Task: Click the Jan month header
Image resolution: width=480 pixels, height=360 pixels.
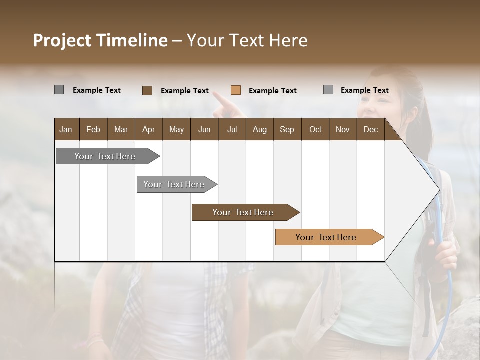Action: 66,130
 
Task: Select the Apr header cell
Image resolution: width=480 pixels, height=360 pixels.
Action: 149,130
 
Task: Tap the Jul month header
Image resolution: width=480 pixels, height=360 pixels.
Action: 232,130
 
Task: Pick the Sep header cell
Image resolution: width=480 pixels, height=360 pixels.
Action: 287,130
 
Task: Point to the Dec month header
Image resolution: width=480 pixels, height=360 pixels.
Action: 370,130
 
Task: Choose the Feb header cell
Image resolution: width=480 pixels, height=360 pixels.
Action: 93,130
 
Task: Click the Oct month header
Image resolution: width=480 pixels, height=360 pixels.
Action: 315,130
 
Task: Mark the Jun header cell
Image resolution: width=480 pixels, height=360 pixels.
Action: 204,130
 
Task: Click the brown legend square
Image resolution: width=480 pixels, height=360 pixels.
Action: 147,90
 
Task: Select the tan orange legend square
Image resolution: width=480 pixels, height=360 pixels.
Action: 236,90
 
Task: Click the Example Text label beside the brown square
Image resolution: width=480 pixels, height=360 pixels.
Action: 185,91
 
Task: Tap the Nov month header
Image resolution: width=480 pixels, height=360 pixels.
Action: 343,130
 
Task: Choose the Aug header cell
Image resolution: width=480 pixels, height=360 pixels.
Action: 260,130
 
